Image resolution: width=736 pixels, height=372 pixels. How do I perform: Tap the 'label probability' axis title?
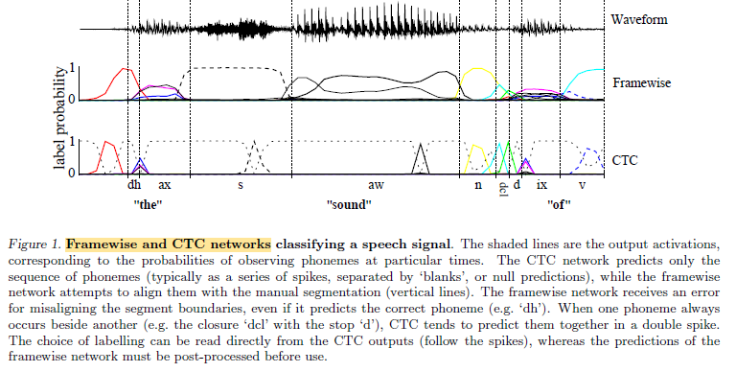pos(62,122)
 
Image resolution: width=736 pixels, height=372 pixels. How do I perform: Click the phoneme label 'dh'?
pos(134,185)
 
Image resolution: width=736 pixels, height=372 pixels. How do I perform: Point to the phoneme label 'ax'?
pos(164,185)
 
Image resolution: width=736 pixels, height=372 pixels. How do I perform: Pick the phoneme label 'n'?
pos(477,185)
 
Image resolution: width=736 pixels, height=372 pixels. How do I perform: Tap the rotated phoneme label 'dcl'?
pos(502,189)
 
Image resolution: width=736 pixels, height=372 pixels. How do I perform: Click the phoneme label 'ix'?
pos(541,185)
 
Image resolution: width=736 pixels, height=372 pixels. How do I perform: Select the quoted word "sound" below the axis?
pos(356,205)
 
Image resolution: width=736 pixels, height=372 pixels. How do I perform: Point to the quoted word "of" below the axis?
pos(561,205)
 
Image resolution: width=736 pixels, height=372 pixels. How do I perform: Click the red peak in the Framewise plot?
pos(123,70)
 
